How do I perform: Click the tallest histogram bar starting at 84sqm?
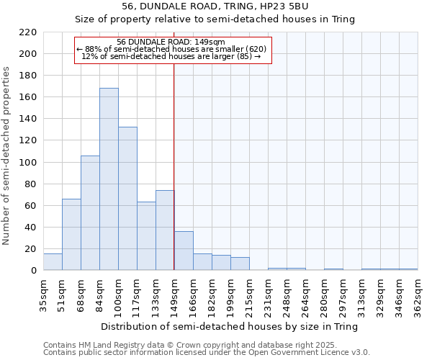109,179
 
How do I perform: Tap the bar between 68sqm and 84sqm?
90,213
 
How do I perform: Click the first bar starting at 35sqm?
53,262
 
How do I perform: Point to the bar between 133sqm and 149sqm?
165,230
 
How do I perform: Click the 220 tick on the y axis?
29,32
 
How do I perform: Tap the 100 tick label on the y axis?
29,163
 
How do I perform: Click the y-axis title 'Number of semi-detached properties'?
7,156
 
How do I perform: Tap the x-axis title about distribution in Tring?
229,326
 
